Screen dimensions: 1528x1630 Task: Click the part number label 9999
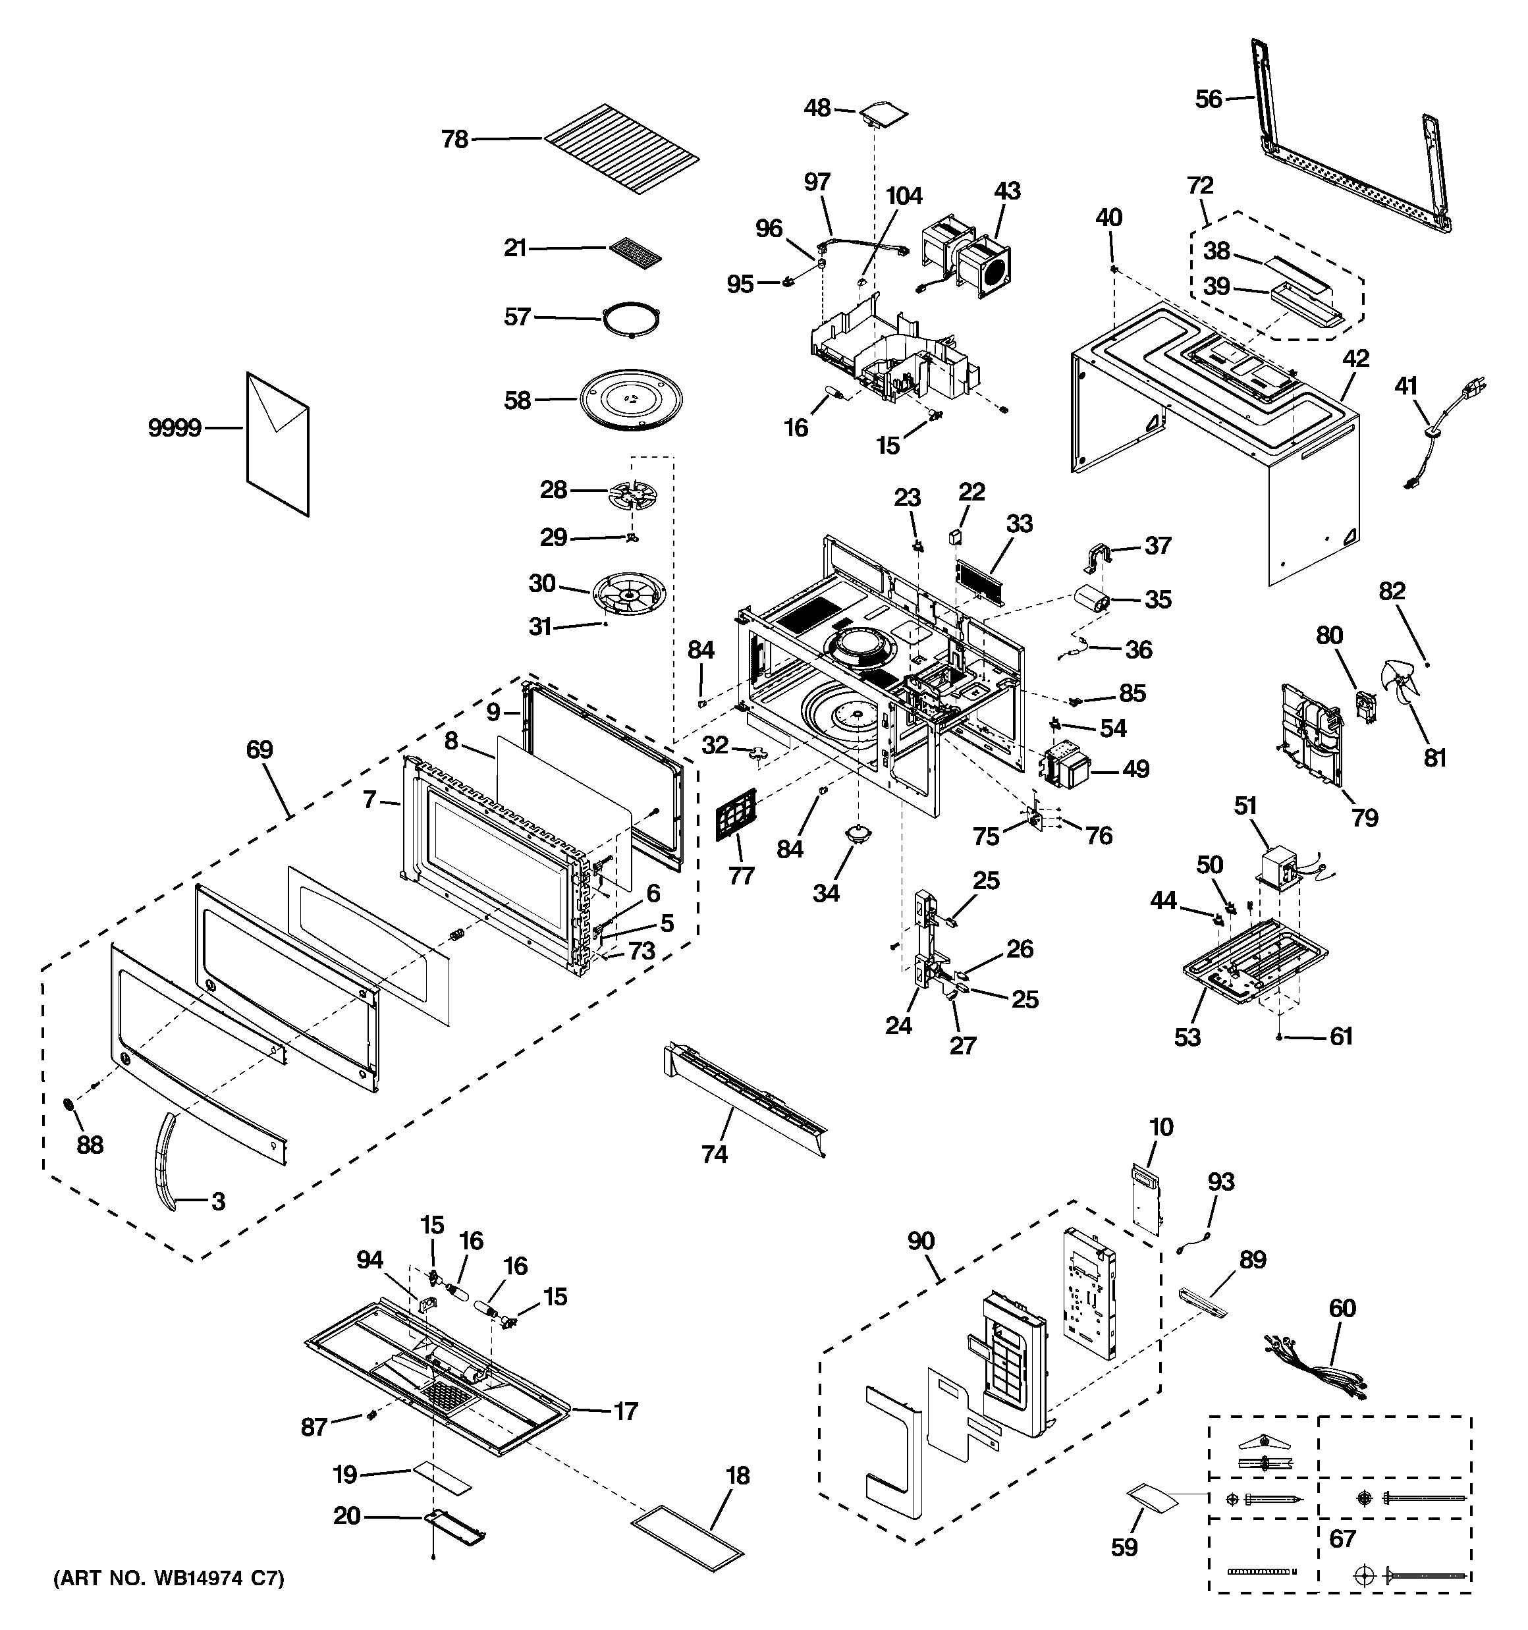tap(175, 427)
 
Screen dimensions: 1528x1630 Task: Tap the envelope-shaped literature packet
tap(278, 444)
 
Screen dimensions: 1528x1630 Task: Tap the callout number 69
tap(259, 749)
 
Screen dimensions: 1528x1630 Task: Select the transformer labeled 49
tap(1066, 769)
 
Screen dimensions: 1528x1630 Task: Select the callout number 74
tap(715, 1155)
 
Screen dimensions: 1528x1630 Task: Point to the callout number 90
tap(921, 1241)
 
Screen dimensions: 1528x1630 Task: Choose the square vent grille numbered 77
tap(735, 813)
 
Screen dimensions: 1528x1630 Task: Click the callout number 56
tap(1208, 99)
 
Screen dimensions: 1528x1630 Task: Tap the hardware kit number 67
tap(1342, 1538)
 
